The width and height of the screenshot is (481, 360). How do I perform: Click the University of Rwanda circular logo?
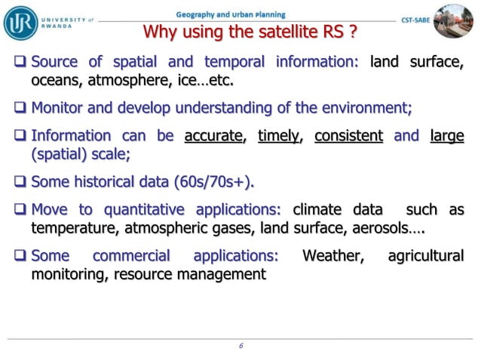coord(20,22)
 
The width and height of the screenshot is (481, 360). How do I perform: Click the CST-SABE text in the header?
coord(415,19)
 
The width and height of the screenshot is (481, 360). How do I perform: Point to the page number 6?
coord(240,346)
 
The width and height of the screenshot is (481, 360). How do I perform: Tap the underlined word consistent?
coord(348,136)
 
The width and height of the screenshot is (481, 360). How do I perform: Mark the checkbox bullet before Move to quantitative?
coord(20,210)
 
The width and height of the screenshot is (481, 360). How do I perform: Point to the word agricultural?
coord(425,256)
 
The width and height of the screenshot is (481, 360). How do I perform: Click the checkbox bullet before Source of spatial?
coord(20,62)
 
